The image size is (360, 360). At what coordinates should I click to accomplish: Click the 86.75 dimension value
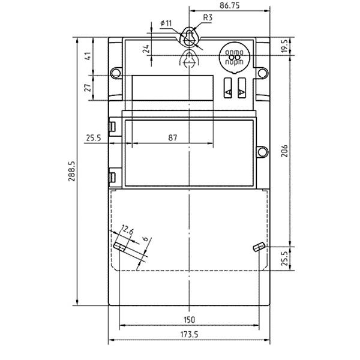pyautogui.click(x=229, y=5)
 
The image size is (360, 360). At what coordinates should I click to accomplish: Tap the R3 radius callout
pyautogui.click(x=208, y=17)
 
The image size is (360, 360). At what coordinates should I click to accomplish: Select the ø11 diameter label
pyautogui.click(x=166, y=23)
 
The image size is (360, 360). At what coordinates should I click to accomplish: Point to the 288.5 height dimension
pyautogui.click(x=72, y=171)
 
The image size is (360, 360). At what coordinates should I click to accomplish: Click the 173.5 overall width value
pyautogui.click(x=189, y=335)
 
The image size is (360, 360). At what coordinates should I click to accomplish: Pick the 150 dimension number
pyautogui.click(x=189, y=320)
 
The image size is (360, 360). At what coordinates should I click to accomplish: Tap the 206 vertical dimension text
pyautogui.click(x=284, y=151)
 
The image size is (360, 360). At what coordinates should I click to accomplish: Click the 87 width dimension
pyautogui.click(x=173, y=138)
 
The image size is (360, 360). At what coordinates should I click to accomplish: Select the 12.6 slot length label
pyautogui.click(x=127, y=230)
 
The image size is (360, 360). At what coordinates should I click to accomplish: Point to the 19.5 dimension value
pyautogui.click(x=284, y=46)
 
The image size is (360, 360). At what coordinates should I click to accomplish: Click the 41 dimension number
pyautogui.click(x=88, y=56)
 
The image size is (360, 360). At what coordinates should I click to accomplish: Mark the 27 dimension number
pyautogui.click(x=88, y=88)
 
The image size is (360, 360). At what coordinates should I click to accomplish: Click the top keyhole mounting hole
pyautogui.click(x=189, y=38)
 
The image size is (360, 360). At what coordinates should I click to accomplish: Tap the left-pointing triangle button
pyautogui.click(x=227, y=88)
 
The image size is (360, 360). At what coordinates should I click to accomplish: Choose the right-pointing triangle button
pyautogui.click(x=242, y=88)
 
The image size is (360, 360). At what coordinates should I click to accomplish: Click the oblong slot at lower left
pyautogui.click(x=119, y=247)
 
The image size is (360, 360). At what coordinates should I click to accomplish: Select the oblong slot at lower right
pyautogui.click(x=259, y=247)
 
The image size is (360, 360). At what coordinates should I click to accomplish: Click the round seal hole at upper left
pyautogui.click(x=116, y=73)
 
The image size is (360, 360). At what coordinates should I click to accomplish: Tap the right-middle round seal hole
pyautogui.click(x=263, y=152)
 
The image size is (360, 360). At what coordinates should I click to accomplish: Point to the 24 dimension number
pyautogui.click(x=146, y=49)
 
